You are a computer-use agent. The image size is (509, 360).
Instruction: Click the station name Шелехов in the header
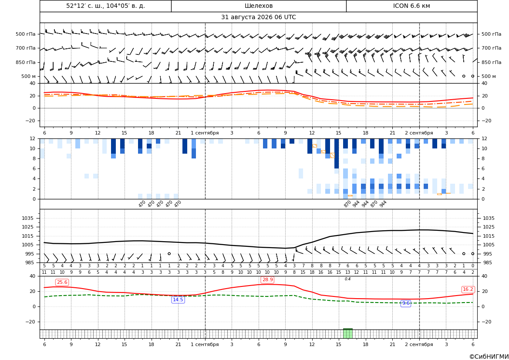258,6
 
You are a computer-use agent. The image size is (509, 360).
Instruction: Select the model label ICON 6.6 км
411,6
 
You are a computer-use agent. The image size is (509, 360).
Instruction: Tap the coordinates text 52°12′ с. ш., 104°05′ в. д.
105,6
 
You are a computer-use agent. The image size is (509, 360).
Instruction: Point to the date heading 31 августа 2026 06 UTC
258,17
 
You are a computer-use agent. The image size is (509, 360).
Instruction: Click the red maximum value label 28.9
267,279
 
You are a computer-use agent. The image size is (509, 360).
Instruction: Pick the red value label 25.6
62,282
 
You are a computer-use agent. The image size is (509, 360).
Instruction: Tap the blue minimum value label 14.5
178,299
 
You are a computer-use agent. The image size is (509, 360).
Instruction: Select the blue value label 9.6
406,303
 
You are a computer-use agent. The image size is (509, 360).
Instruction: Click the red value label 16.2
468,289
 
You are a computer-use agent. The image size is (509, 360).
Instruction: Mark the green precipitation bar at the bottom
347,333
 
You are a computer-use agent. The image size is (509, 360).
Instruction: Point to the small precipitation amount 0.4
347,279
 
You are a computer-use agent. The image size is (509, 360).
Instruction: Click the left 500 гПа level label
26,34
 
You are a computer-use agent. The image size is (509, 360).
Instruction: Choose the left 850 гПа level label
26,62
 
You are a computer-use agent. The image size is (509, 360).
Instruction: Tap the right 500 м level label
489,76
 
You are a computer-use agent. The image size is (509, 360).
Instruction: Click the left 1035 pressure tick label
31,218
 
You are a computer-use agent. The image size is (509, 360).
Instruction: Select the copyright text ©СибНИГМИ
489,357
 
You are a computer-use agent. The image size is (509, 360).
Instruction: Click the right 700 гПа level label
491,48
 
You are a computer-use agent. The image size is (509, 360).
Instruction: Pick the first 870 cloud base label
347,204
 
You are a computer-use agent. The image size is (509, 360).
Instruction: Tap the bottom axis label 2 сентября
419,344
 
